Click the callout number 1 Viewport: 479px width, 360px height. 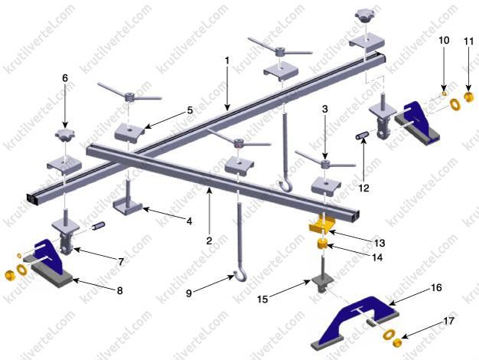coord(227,61)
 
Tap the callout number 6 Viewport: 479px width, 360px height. coord(65,78)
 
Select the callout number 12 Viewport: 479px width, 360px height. coord(363,188)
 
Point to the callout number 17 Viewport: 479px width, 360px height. coord(448,321)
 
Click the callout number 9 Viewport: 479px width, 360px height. coord(189,293)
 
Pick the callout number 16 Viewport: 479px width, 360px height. coord(436,287)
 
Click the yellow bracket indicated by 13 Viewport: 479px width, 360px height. coord(321,225)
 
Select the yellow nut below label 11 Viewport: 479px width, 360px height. coord(469,97)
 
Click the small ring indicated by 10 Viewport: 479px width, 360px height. coord(444,93)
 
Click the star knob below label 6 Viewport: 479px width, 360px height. coord(65,135)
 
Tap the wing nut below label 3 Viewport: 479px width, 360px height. coord(326,164)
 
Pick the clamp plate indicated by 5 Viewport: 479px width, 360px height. coord(129,133)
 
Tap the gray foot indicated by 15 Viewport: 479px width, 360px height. coord(321,285)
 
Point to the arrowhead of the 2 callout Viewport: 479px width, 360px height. coord(209,191)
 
